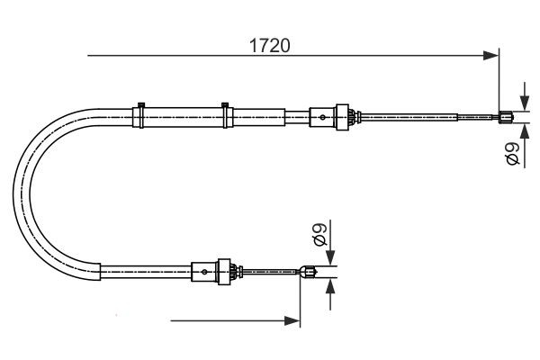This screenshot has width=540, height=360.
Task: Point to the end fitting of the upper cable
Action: pos(505,115)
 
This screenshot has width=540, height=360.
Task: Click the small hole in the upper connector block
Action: pos(321,115)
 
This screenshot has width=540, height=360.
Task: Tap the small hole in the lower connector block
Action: pos(206,269)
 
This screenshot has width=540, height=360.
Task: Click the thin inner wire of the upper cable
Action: pos(414,115)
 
